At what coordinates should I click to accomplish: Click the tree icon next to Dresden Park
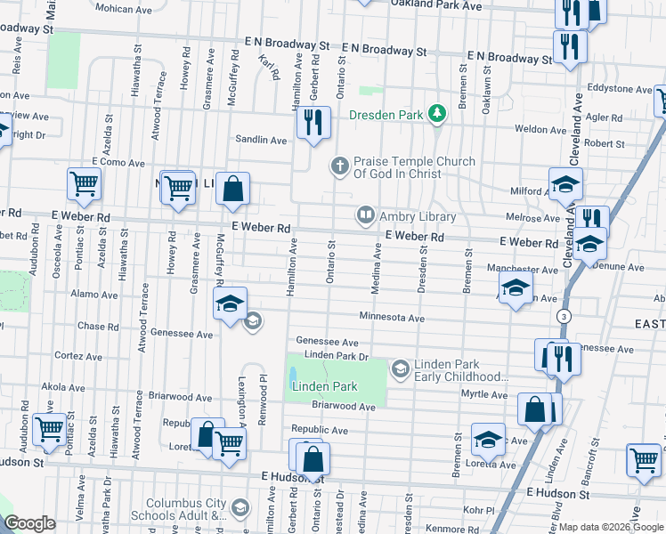pos(436,114)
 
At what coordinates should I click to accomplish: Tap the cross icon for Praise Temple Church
pos(339,166)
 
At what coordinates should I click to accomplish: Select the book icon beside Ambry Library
pos(365,215)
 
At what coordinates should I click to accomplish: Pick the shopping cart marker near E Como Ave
pos(85,184)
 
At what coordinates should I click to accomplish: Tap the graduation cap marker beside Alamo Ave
pos(230,303)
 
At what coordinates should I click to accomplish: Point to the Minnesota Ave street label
pos(392,318)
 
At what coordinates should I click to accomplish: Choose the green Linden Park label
pos(324,387)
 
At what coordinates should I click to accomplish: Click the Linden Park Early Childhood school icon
pos(401,368)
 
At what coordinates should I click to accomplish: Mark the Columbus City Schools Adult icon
pos(239,507)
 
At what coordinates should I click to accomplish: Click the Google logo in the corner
pos(29,524)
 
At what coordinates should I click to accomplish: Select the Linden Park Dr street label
pos(336,356)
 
